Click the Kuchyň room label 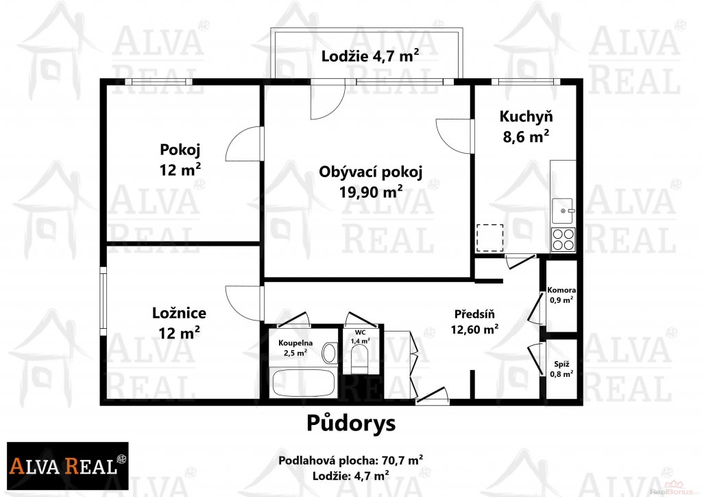pyautogui.click(x=526, y=117)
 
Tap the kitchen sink pyautogui.click(x=563, y=211)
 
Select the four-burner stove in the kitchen pyautogui.click(x=564, y=240)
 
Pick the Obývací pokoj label pyautogui.click(x=371, y=172)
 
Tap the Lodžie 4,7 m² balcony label pyautogui.click(x=370, y=56)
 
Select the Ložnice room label pyautogui.click(x=179, y=313)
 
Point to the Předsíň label pyautogui.click(x=474, y=314)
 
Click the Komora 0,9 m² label pyautogui.click(x=561, y=295)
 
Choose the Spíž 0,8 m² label pyautogui.click(x=561, y=369)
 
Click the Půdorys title pyautogui.click(x=351, y=423)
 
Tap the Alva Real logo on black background pyautogui.click(x=68, y=465)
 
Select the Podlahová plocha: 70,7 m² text pyautogui.click(x=351, y=460)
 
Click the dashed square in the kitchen pyautogui.click(x=489, y=238)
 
